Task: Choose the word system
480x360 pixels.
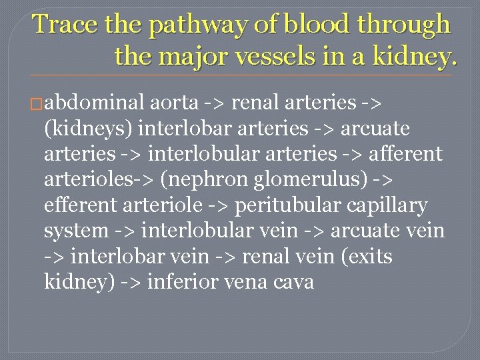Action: pos(75,231)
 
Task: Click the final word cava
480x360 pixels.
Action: pos(294,282)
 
